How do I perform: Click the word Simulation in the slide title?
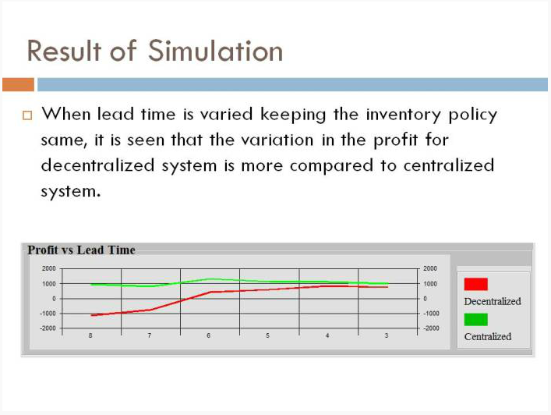(x=215, y=51)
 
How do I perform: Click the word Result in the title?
(x=65, y=51)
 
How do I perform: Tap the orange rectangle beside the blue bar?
(x=18, y=85)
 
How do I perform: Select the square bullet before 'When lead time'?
(x=27, y=115)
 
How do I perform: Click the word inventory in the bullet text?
(x=404, y=115)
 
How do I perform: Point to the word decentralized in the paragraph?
(x=97, y=165)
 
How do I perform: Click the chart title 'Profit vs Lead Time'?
(x=82, y=250)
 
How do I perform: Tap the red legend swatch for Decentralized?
(x=476, y=284)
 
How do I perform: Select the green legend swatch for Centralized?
(x=476, y=319)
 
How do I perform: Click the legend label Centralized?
(x=488, y=336)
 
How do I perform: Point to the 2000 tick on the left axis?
(x=49, y=268)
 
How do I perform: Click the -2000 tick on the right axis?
(x=431, y=328)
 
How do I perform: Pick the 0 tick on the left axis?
(x=54, y=299)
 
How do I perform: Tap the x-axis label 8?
(x=90, y=335)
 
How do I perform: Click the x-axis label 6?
(x=208, y=335)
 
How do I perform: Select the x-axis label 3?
(x=387, y=335)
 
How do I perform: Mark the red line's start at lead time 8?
(x=91, y=315)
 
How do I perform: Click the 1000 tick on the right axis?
(x=430, y=283)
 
